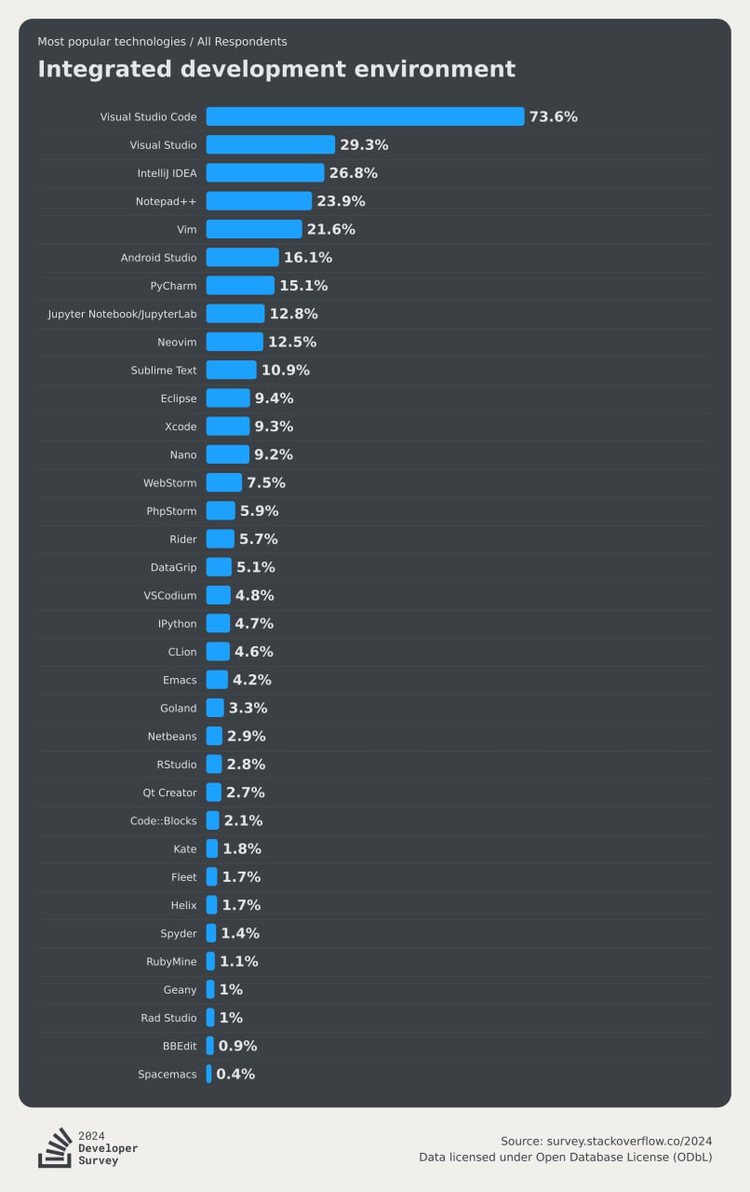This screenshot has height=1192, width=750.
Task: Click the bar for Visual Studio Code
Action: [365, 116]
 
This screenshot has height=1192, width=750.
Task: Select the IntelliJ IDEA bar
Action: [265, 173]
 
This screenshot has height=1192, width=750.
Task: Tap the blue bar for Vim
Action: [254, 229]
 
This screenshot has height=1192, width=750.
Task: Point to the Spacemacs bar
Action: [208, 1074]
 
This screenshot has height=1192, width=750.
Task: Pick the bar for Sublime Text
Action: [231, 370]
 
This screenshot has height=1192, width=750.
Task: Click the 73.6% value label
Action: [554, 116]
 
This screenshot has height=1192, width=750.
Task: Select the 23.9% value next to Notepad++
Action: [341, 201]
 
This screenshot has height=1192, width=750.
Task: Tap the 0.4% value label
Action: [235, 1074]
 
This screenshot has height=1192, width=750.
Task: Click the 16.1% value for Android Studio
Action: [308, 257]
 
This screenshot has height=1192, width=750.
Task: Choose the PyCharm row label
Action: [173, 286]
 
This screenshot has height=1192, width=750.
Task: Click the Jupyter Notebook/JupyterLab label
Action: [122, 314]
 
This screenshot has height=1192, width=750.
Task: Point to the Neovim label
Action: [177, 342]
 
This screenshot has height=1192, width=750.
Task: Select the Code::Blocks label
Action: [163, 820]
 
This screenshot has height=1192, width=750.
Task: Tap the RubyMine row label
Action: [171, 961]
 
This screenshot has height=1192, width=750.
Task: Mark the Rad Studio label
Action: [168, 1018]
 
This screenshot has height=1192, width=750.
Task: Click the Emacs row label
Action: [180, 680]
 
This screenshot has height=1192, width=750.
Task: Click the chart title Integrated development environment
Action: [276, 69]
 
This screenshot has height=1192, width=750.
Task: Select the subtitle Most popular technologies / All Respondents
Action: [162, 41]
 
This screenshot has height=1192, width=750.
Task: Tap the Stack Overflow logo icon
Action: [55, 1147]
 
